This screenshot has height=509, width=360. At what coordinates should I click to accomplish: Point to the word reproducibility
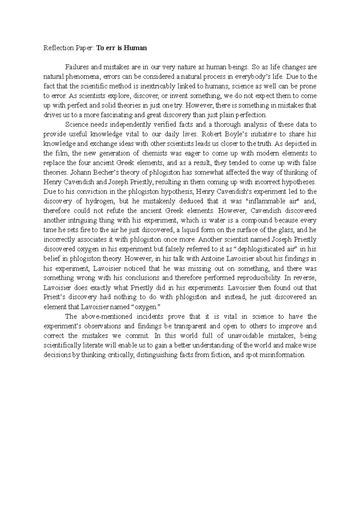click(259, 278)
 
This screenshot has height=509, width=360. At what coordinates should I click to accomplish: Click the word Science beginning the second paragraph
click(76, 124)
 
